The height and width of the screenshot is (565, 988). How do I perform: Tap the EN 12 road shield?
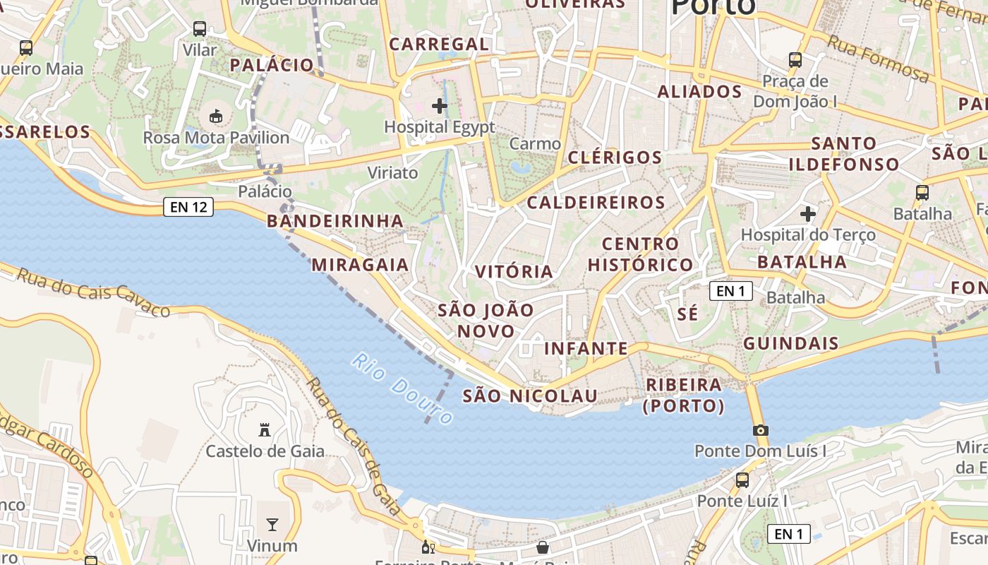(x=188, y=207)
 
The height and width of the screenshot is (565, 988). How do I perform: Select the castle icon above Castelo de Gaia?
(x=265, y=429)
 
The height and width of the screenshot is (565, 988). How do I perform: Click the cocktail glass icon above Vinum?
(x=272, y=524)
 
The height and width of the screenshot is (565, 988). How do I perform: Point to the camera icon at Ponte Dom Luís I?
(x=760, y=430)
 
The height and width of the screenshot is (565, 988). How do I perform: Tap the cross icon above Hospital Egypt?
(x=440, y=106)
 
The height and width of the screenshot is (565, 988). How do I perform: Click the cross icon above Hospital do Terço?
(x=808, y=213)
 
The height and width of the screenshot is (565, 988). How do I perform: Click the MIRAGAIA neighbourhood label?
(x=360, y=265)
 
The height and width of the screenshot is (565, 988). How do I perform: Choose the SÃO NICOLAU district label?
(x=530, y=396)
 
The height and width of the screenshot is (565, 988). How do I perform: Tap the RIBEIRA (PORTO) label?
(x=684, y=395)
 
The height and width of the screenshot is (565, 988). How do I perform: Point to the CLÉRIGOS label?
(x=615, y=157)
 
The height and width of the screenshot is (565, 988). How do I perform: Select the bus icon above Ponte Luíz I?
(x=742, y=480)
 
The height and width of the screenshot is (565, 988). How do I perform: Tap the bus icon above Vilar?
(x=200, y=29)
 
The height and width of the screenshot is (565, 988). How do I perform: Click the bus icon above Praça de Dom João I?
(x=795, y=60)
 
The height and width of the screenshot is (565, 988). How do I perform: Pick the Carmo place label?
(x=535, y=144)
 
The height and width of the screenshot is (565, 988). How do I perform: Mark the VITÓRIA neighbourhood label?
(x=514, y=272)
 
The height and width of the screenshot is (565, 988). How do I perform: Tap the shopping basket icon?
(x=543, y=547)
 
